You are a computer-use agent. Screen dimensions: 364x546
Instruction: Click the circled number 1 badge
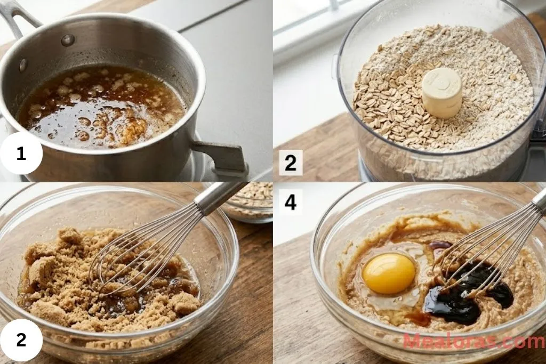[21, 154]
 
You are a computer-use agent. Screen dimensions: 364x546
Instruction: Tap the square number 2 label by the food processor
[290, 163]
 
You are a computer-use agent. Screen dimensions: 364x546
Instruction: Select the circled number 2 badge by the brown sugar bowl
[21, 339]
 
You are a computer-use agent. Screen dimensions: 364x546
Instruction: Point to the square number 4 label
[290, 203]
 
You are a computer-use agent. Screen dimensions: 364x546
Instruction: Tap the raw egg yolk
[389, 273]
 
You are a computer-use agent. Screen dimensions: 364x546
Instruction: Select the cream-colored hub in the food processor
[441, 92]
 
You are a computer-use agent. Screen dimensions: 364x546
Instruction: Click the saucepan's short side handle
[221, 156]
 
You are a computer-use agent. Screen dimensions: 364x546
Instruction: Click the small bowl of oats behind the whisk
[251, 201]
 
